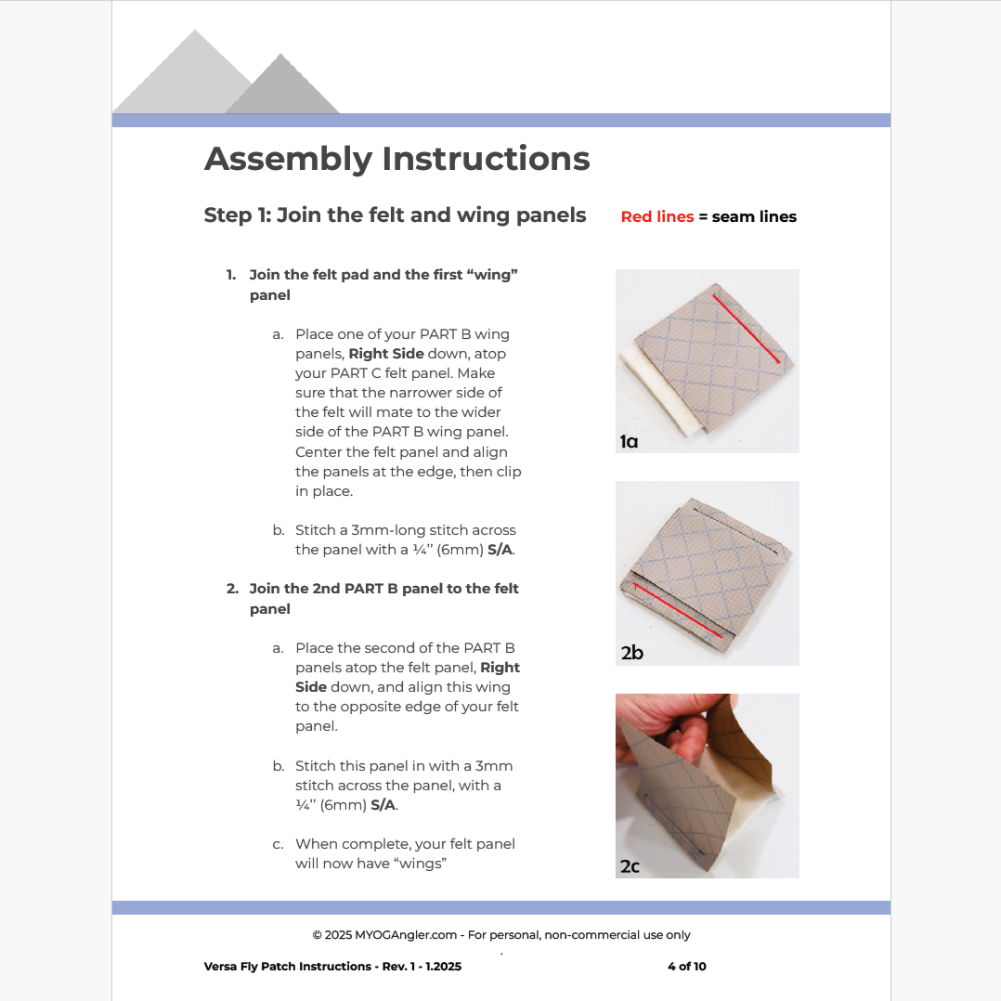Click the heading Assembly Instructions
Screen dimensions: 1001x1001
click(x=396, y=159)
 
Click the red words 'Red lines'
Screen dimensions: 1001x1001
click(x=656, y=216)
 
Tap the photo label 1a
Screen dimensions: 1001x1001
click(x=630, y=441)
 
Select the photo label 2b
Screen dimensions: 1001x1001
click(x=631, y=653)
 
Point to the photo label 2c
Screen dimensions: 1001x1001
click(x=630, y=866)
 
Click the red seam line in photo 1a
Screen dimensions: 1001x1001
click(x=746, y=328)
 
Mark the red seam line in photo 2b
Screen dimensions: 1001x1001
click(x=678, y=611)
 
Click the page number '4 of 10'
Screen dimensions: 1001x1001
click(x=686, y=966)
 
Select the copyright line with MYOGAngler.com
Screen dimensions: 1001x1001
click(x=500, y=935)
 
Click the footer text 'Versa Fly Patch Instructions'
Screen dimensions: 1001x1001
click(x=288, y=966)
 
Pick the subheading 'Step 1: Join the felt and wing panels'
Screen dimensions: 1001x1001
click(x=395, y=215)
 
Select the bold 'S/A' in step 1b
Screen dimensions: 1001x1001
click(x=500, y=550)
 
